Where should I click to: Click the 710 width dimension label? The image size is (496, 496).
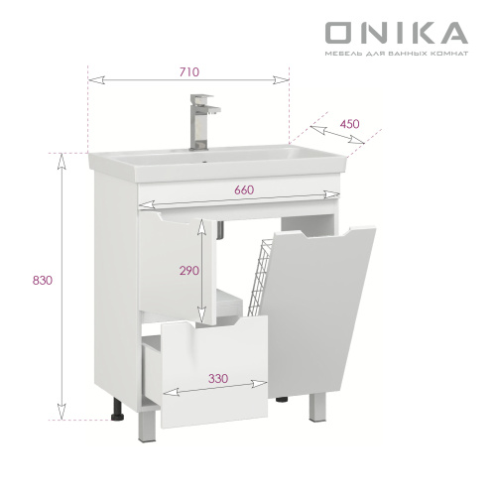tap(189, 71)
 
